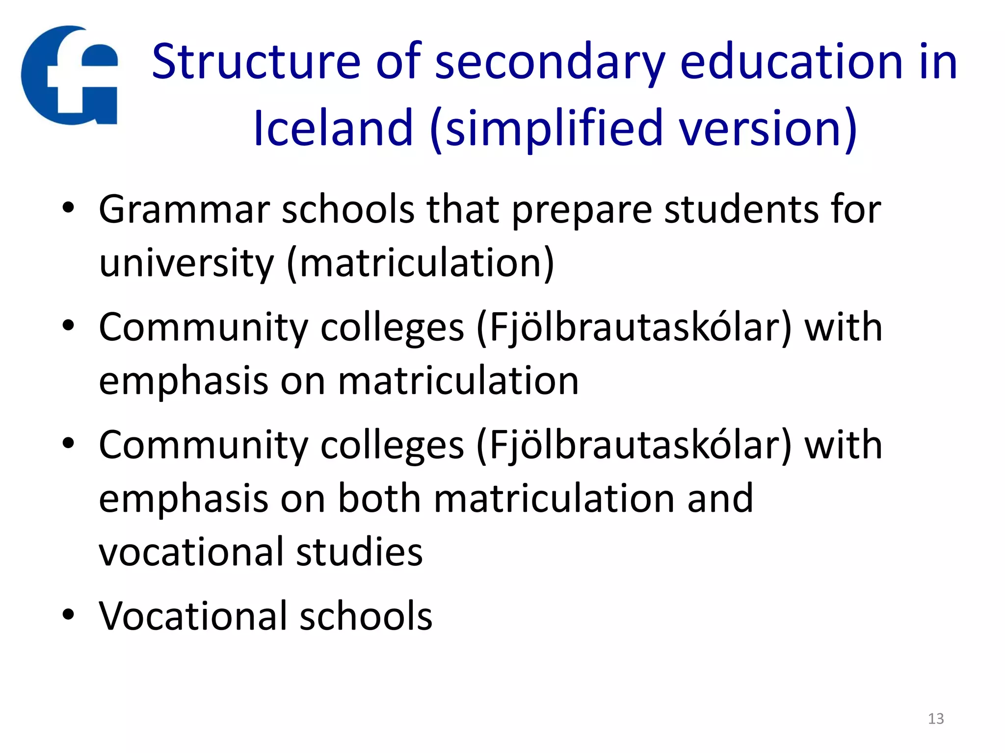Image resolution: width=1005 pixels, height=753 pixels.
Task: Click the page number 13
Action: coord(936,719)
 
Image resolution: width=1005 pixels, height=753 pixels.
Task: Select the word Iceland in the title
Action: coord(333,128)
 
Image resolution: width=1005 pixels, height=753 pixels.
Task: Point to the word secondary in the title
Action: coord(550,63)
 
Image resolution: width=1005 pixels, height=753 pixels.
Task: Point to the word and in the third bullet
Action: coord(720,499)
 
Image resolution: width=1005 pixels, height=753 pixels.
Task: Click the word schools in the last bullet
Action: coord(366,616)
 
